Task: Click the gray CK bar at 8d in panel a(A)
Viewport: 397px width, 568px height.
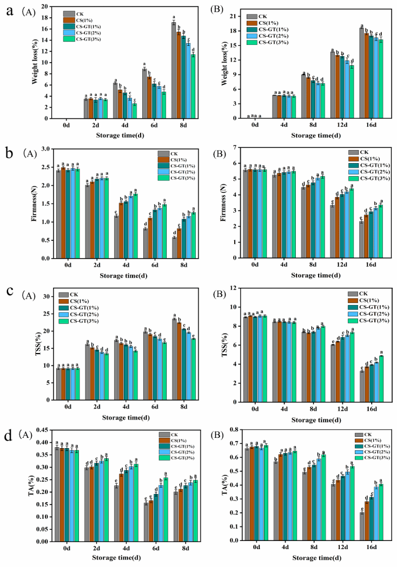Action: point(174,70)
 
